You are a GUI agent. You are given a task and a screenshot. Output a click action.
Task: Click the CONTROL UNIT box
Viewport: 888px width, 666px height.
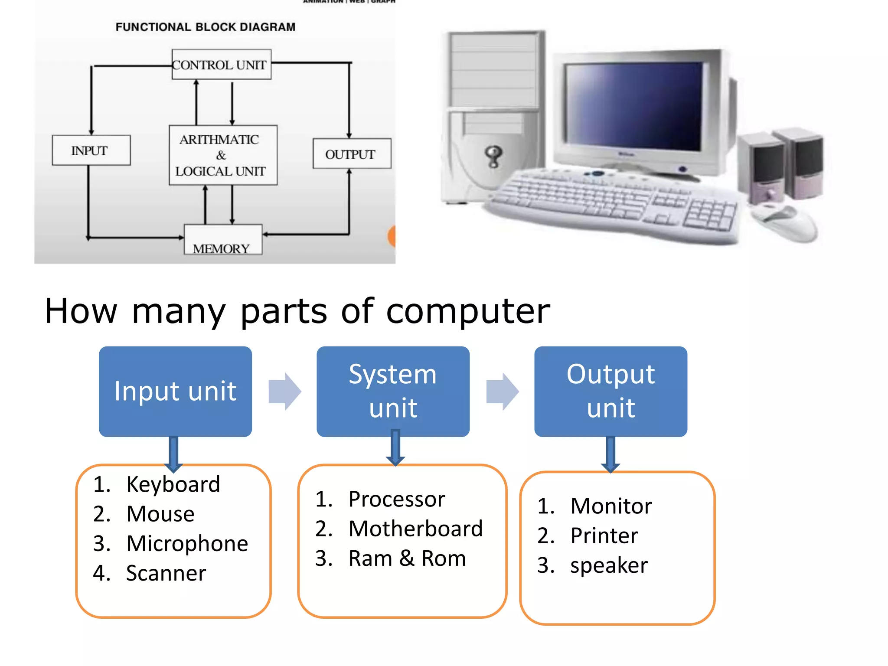click(x=222, y=65)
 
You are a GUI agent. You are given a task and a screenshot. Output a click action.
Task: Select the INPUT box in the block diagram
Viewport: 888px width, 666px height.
click(x=91, y=150)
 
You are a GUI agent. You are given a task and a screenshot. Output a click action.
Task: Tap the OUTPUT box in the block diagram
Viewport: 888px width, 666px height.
click(x=352, y=153)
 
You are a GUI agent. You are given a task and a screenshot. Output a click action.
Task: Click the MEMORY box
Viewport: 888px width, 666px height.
click(x=223, y=241)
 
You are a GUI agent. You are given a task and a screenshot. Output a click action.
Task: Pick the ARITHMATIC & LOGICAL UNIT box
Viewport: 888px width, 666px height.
click(x=223, y=155)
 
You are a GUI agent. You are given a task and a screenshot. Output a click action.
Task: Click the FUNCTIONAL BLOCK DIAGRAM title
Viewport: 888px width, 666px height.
click(x=206, y=27)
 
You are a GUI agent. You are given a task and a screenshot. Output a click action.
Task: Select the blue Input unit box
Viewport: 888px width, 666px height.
click(x=175, y=391)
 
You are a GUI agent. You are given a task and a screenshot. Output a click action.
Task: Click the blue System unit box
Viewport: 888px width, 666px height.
click(x=393, y=391)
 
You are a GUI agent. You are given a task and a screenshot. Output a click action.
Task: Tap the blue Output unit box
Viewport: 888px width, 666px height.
click(x=610, y=391)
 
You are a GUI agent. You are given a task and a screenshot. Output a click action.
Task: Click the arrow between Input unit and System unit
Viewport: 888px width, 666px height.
click(x=284, y=392)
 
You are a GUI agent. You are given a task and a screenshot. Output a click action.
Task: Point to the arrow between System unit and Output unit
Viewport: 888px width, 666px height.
click(x=502, y=392)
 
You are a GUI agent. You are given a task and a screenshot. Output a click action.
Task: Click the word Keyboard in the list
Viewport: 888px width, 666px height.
click(x=173, y=484)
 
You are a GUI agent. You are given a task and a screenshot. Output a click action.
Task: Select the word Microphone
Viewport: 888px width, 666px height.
click(x=187, y=543)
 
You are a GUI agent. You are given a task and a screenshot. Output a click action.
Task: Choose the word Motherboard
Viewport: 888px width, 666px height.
click(x=415, y=529)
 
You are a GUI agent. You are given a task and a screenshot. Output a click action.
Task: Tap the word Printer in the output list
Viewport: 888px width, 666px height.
click(x=604, y=535)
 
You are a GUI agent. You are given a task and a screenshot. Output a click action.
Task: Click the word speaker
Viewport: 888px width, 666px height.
click(x=609, y=565)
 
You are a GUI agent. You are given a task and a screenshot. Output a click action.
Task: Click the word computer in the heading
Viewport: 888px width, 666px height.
click(x=468, y=311)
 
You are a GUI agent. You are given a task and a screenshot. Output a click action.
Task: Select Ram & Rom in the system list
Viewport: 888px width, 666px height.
click(x=407, y=558)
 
